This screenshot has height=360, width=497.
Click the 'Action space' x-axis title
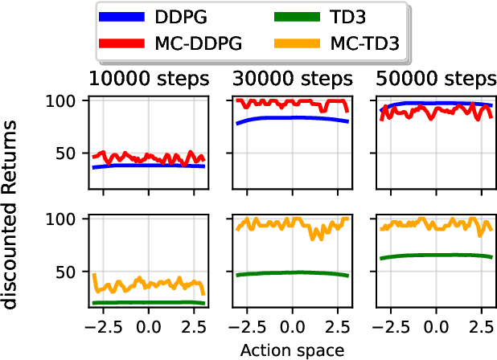tap(292, 350)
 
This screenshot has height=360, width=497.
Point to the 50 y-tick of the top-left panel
tap(71, 153)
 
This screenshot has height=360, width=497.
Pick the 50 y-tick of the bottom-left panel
tap(71, 272)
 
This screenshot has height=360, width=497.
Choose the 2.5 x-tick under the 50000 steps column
tap(481, 328)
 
